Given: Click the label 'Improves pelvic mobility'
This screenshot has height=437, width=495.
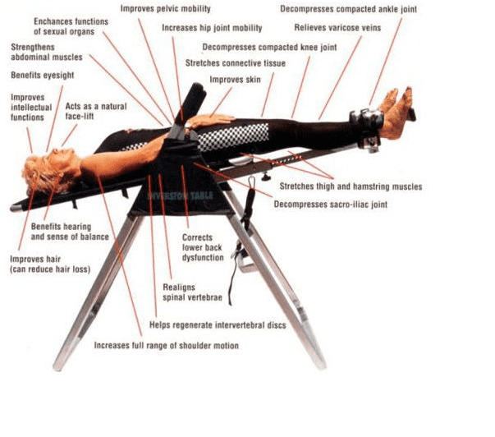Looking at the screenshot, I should [164, 9].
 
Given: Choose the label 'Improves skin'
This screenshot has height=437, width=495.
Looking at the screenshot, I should [232, 80].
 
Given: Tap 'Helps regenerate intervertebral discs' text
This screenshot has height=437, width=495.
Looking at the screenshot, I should [218, 325].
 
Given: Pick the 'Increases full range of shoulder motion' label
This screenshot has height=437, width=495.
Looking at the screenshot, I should [167, 346].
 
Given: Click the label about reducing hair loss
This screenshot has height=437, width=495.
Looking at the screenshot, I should [49, 264].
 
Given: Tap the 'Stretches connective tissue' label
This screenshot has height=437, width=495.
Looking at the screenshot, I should [233, 62].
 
